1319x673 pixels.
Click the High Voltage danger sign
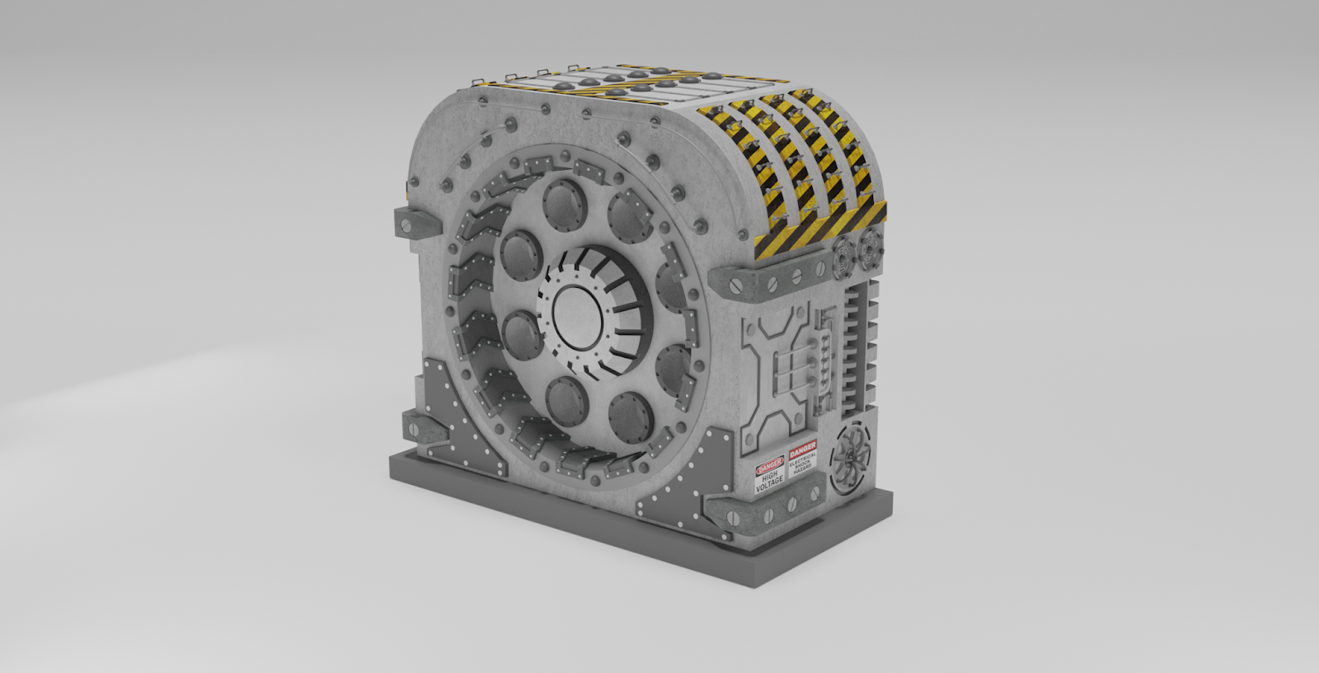pos(769,474)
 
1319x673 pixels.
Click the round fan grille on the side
pos(851,459)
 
